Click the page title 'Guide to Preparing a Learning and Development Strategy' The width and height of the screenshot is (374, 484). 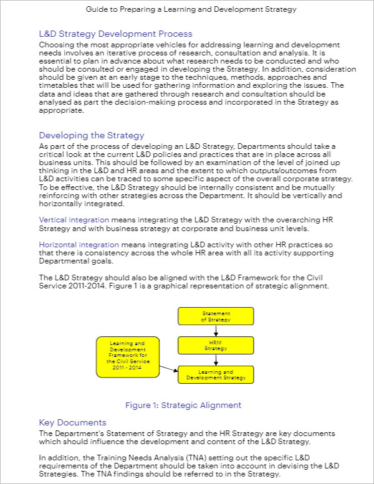187,9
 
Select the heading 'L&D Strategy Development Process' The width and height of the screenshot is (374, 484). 115,34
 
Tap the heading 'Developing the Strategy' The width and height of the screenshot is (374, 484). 92,135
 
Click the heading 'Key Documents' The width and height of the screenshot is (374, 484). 72,422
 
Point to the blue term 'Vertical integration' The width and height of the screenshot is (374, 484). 74,220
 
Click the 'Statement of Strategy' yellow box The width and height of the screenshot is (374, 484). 216,316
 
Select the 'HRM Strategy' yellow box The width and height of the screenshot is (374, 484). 216,346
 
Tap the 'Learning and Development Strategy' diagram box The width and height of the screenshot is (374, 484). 216,374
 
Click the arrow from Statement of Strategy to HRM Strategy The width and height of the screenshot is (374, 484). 216,331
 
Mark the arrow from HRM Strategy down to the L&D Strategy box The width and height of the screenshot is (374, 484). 216,359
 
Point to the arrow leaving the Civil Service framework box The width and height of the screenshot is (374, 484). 168,369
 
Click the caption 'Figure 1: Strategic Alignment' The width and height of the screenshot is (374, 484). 183,405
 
